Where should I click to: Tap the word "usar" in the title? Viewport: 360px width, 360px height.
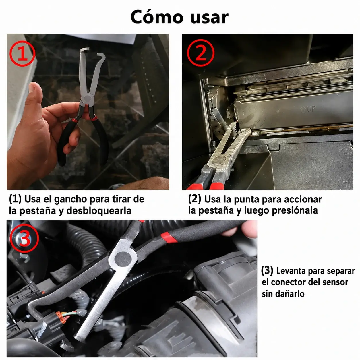tap(209, 18)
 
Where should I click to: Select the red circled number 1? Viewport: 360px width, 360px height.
tap(22, 54)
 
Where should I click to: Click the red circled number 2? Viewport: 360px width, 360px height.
tap(201, 53)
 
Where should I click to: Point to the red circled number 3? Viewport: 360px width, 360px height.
tap(24, 238)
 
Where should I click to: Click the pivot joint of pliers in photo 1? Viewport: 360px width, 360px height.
tap(87, 98)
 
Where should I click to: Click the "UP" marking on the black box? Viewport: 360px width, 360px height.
tap(308, 109)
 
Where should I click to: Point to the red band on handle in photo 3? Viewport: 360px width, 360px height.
tap(169, 237)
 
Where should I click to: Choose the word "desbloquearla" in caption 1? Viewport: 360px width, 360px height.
tap(99, 211)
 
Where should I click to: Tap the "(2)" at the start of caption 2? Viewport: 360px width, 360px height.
tap(195, 199)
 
